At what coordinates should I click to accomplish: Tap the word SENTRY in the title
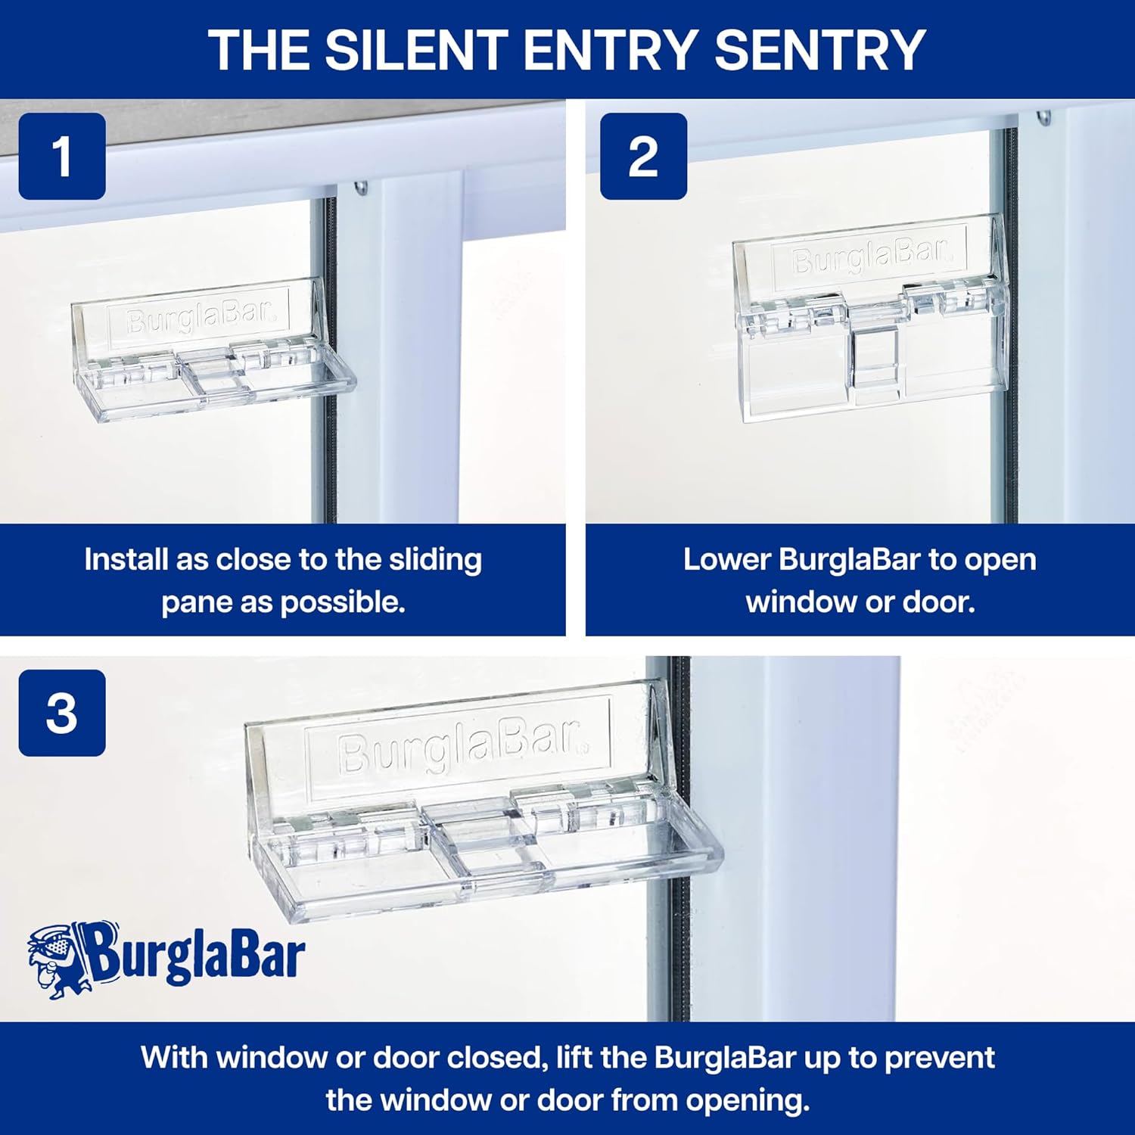coord(819,50)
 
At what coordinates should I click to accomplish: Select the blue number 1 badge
coord(62,157)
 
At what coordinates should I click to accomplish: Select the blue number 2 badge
coord(643,157)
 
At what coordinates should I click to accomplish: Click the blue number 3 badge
coord(62,713)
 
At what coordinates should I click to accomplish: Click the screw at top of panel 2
coord(1045,118)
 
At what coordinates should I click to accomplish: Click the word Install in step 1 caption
coord(126,560)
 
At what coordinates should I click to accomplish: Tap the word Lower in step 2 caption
coord(726,560)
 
